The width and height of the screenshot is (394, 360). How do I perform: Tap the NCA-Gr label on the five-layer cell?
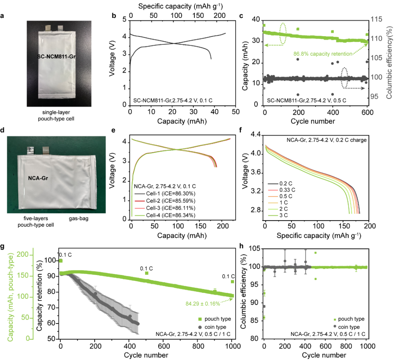(x=38, y=179)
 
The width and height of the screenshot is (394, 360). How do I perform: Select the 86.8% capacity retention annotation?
(x=322, y=54)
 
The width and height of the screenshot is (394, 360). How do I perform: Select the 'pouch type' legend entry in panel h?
(x=350, y=319)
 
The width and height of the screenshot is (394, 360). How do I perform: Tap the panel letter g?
(x=3, y=248)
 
